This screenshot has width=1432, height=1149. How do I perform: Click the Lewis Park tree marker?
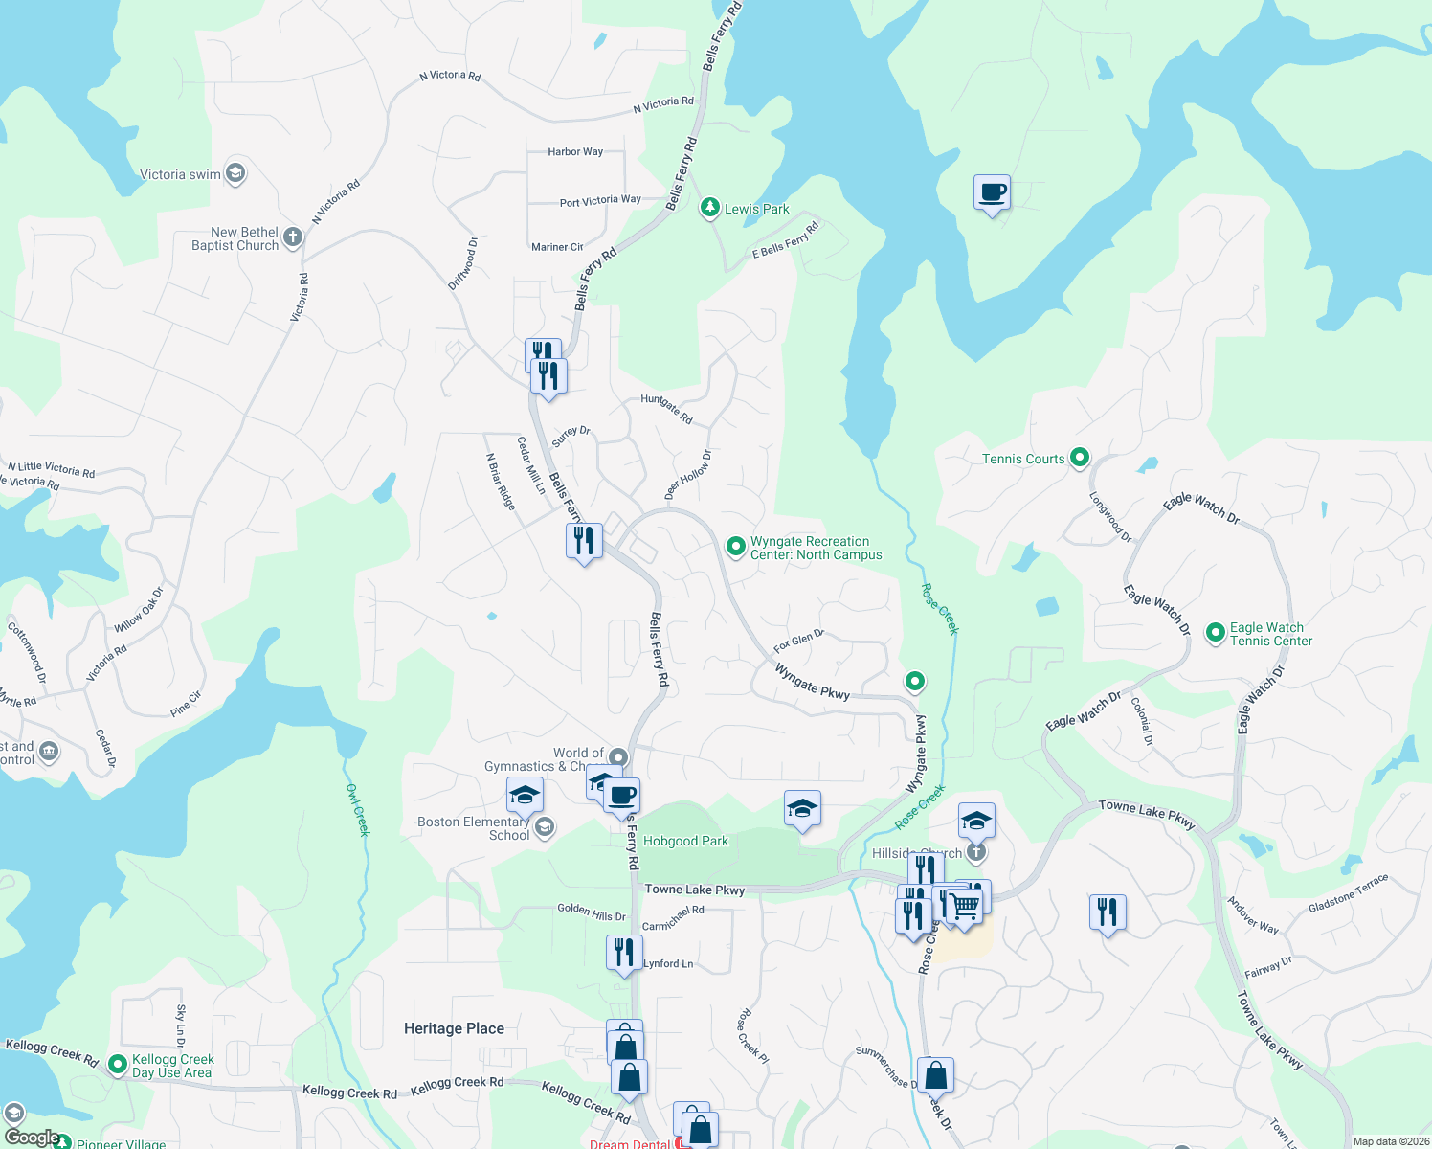pos(709,208)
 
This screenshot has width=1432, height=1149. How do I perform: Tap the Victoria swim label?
pos(180,174)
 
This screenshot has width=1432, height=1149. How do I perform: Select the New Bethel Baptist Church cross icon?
pos(293,237)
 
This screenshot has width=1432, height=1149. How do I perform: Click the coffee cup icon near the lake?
pos(992,192)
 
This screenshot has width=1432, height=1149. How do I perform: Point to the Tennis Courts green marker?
pos(1080,458)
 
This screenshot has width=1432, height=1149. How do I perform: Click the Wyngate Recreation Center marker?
pos(735,547)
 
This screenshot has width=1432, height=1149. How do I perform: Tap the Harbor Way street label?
pos(575,152)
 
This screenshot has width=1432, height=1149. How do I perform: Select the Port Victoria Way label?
pos(600,201)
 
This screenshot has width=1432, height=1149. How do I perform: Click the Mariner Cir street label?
pos(557,247)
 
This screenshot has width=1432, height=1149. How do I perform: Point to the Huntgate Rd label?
pos(666,409)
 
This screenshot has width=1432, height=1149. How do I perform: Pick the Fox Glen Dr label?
pos(798,641)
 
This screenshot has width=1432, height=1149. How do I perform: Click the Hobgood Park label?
pos(685,842)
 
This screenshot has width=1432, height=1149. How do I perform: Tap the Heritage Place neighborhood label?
pos(454,1028)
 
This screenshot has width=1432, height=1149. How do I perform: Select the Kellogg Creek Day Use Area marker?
pos(118,1064)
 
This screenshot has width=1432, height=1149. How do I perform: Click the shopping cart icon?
pos(965,905)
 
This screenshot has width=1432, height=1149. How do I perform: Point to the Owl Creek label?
pos(357,809)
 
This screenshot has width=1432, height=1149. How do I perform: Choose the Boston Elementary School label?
pos(473,828)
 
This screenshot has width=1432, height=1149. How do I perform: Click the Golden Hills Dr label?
pos(591,912)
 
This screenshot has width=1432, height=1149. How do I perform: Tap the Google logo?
pos(32,1137)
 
